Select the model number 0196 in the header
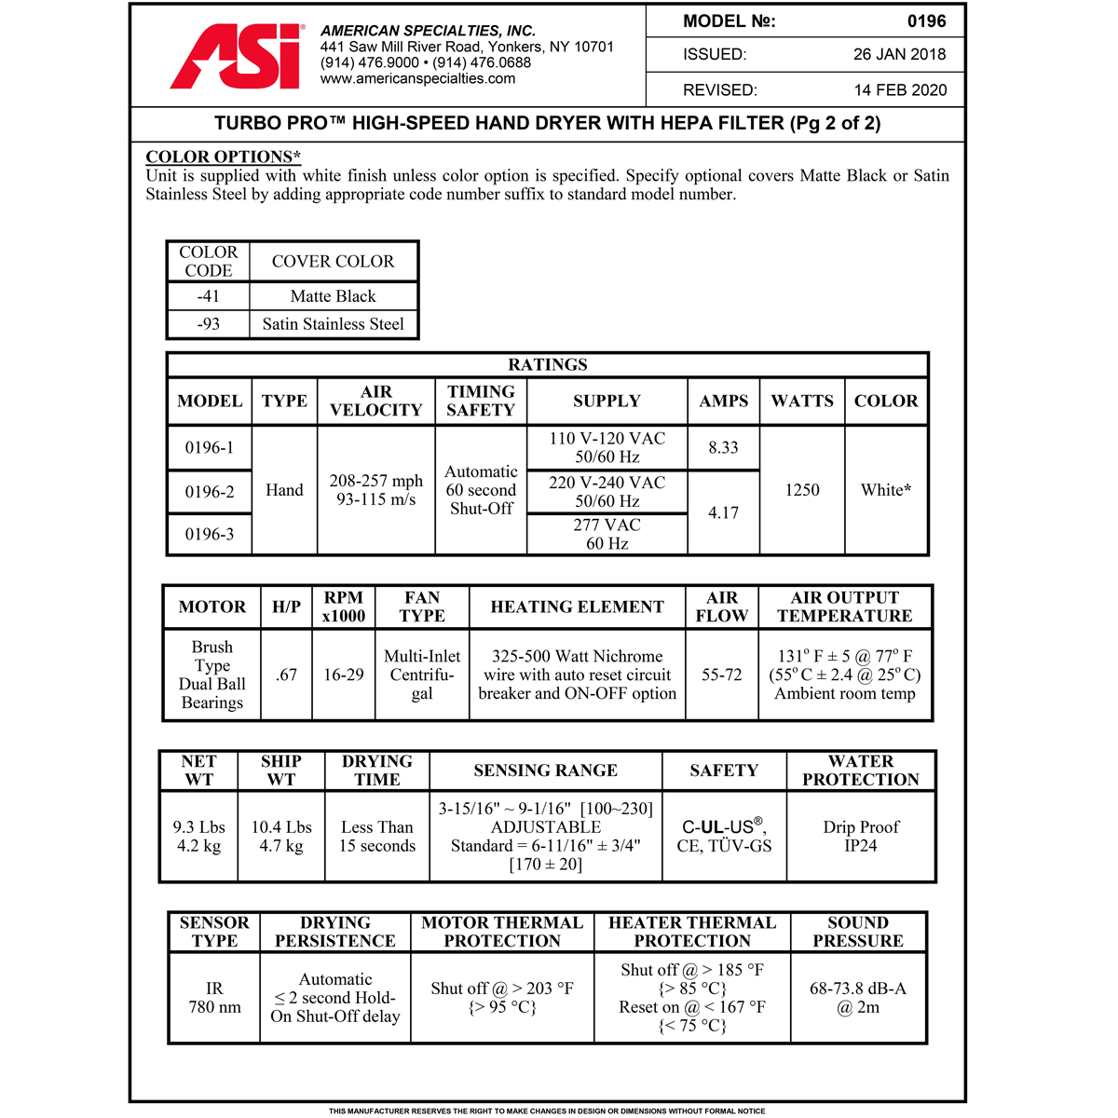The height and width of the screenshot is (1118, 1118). pyautogui.click(x=926, y=21)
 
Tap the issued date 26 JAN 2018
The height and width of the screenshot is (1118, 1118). pyautogui.click(x=899, y=55)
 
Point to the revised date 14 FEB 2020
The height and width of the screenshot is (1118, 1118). pyautogui.click(x=900, y=90)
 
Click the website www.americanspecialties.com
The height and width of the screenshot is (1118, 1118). pyautogui.click(x=417, y=79)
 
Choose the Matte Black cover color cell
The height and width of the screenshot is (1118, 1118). pyautogui.click(x=333, y=296)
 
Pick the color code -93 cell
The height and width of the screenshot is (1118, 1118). pyautogui.click(x=209, y=324)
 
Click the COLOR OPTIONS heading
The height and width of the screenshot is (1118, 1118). pyautogui.click(x=223, y=157)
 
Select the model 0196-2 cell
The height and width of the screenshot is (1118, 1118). pyautogui.click(x=210, y=492)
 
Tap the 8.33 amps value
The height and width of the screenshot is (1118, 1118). pyautogui.click(x=723, y=448)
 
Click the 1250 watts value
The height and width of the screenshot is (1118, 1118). pyautogui.click(x=802, y=490)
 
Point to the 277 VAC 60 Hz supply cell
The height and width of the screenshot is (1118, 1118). pyautogui.click(x=607, y=534)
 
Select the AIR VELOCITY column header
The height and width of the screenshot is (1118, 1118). pyautogui.click(x=375, y=401)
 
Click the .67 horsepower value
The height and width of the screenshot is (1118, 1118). pyautogui.click(x=286, y=675)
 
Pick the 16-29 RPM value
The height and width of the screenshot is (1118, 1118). pyautogui.click(x=344, y=675)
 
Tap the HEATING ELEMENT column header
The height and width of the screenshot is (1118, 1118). pyautogui.click(x=577, y=607)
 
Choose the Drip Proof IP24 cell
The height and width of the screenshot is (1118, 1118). pyautogui.click(x=861, y=836)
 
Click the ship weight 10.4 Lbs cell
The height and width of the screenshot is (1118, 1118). pyautogui.click(x=281, y=836)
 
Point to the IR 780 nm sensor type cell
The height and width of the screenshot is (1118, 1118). pyautogui.click(x=214, y=997)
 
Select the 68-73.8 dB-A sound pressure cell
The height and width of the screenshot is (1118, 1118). pyautogui.click(x=857, y=997)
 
